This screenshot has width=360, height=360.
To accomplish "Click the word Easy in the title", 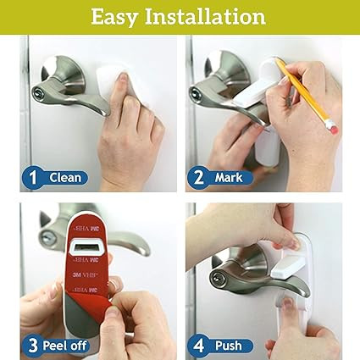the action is [x=114, y=17].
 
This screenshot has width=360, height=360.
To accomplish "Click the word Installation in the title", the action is [x=205, y=16].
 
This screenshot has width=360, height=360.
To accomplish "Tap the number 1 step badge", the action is [x=33, y=178].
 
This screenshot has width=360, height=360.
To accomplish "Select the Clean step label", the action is [x=65, y=178].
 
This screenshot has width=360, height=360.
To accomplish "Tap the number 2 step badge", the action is [x=198, y=178].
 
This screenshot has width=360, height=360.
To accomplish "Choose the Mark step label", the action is [x=229, y=178].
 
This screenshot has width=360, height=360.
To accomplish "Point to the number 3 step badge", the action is [x=33, y=346].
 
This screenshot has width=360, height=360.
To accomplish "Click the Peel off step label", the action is [x=64, y=346].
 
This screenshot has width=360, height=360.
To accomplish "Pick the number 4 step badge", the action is [x=198, y=346].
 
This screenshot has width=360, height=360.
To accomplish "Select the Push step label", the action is [x=229, y=346].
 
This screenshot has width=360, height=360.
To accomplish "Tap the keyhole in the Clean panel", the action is [x=37, y=92].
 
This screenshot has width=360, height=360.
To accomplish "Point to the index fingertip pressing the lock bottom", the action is [x=288, y=302].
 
